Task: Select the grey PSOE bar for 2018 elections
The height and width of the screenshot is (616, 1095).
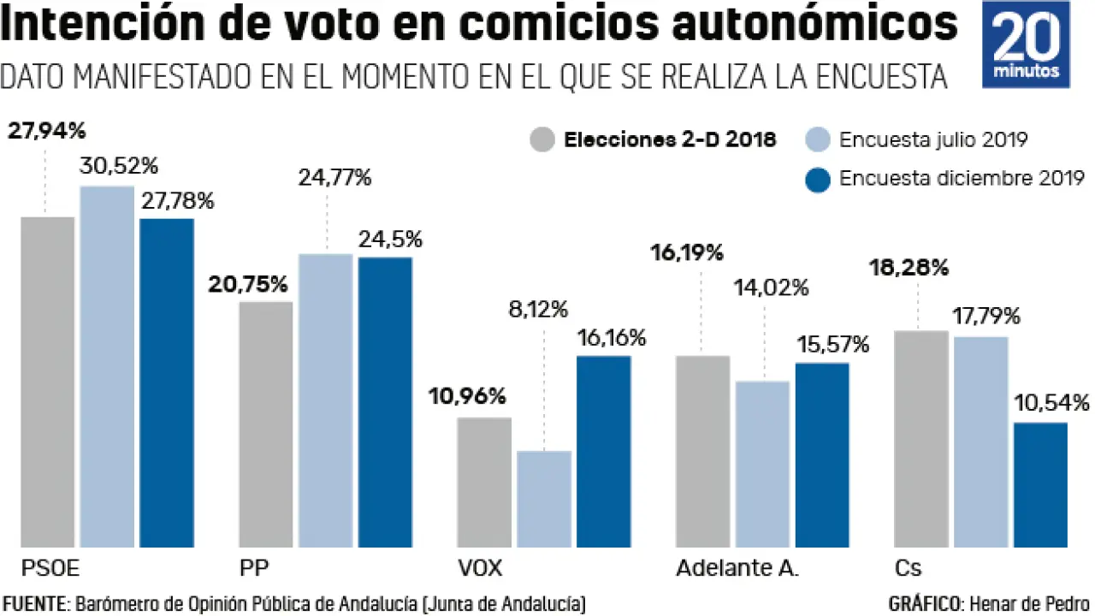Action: tap(48, 382)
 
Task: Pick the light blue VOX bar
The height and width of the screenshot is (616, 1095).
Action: tap(544, 499)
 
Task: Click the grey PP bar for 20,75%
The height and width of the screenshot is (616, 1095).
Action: tap(265, 423)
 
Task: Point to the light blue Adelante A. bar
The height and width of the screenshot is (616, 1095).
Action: tap(762, 464)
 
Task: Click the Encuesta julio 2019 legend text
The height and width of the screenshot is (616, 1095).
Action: tap(933, 139)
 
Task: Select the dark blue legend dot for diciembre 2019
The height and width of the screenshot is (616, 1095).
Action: tap(818, 179)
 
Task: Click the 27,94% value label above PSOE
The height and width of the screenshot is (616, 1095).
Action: tap(46, 131)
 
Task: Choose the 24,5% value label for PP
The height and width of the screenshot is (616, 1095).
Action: tap(391, 239)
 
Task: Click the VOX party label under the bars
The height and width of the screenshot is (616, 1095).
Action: tap(480, 569)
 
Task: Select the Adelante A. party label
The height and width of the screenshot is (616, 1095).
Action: tap(737, 569)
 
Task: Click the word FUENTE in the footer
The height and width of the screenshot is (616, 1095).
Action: tap(33, 603)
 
